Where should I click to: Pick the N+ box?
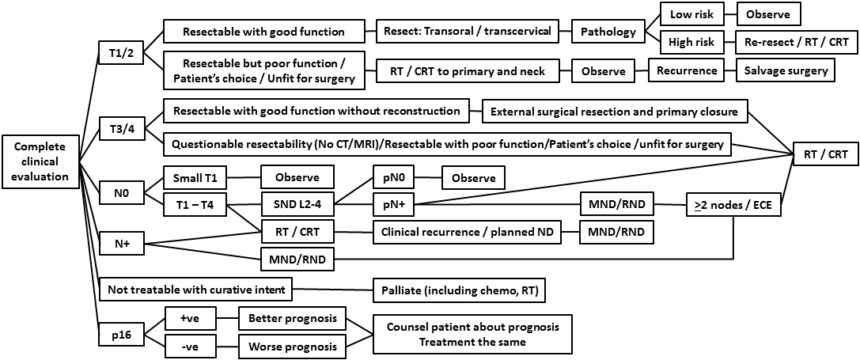point(121,244)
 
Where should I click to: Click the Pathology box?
point(608,32)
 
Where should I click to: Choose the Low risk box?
point(680,14)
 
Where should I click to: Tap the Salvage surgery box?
point(786,70)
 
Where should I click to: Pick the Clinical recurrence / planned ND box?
point(465,232)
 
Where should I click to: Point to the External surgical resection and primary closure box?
point(613,112)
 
